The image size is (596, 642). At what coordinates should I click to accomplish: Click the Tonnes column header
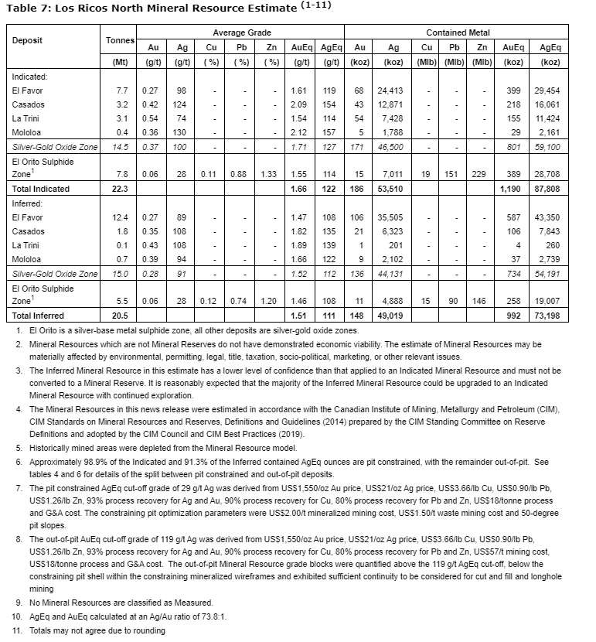click(x=120, y=39)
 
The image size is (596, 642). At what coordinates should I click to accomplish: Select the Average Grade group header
click(x=241, y=32)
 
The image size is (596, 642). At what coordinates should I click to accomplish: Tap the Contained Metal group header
click(x=457, y=32)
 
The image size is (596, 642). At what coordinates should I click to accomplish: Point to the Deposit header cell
click(x=27, y=39)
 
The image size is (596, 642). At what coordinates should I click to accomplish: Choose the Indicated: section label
click(x=29, y=77)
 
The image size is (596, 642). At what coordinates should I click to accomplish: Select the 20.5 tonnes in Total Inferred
click(x=121, y=316)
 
